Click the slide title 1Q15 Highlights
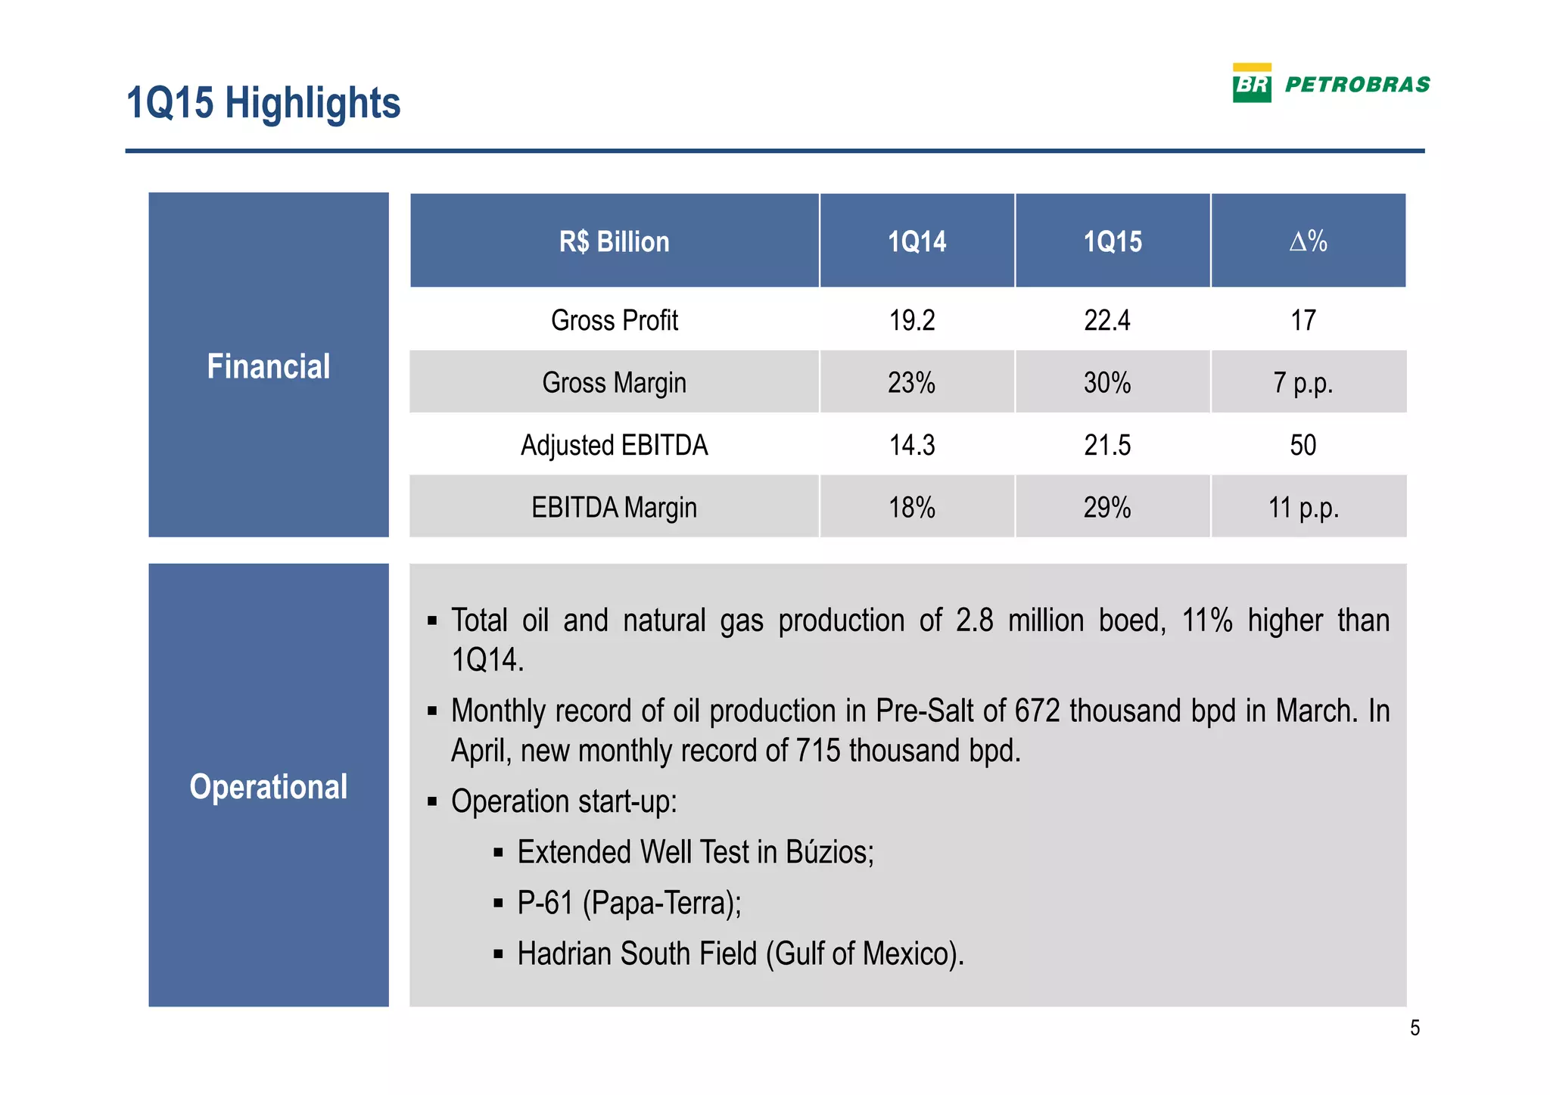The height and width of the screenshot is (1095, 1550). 263,103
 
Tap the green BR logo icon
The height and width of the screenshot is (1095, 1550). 1251,84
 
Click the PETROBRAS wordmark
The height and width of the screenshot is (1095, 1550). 1357,85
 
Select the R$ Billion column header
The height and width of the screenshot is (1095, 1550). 614,241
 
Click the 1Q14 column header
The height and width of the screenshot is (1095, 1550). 917,241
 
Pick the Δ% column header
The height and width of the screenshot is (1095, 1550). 1308,241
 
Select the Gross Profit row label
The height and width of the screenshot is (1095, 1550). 614,320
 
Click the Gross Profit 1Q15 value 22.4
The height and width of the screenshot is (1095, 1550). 1106,320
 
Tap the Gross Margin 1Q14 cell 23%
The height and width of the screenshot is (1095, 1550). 911,383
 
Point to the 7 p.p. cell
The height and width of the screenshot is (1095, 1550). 1303,383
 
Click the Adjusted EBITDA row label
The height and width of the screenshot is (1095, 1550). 614,445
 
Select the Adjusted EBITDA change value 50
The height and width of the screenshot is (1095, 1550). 1303,445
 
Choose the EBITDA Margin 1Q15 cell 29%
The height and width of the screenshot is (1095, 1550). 1106,507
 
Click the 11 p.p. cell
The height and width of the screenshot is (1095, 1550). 1303,507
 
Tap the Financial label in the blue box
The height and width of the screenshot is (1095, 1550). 269,366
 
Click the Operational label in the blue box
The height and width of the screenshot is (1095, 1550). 269,786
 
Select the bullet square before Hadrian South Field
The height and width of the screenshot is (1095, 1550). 498,954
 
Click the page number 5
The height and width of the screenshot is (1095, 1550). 1415,1028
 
